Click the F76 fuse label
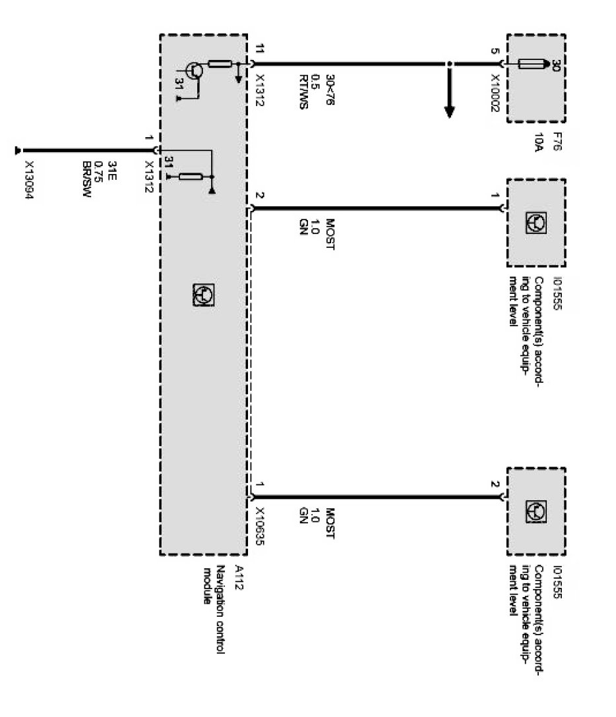pos(557,143)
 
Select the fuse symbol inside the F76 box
pos(532,64)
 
